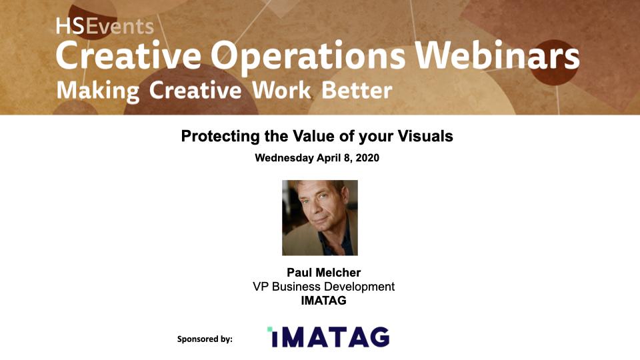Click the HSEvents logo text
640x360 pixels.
pyautogui.click(x=105, y=27)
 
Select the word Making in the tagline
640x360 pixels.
pyautogui.click(x=98, y=91)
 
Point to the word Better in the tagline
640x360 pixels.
pyautogui.click(x=357, y=90)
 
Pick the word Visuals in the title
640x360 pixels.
pyautogui.click(x=425, y=136)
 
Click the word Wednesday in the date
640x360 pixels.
pyautogui.click(x=284, y=158)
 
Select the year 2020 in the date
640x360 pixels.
pyautogui.click(x=367, y=158)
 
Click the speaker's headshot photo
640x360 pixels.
pyautogui.click(x=320, y=218)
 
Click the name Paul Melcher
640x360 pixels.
pyautogui.click(x=324, y=272)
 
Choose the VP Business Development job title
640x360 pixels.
pyautogui.click(x=324, y=287)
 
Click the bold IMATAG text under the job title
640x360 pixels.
pyautogui.click(x=324, y=301)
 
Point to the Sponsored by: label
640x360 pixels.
pyautogui.click(x=205, y=339)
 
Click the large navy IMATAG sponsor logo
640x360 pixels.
pyautogui.click(x=329, y=337)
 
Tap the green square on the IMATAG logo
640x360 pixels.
pyautogui.click(x=270, y=329)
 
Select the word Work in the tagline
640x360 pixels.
pyautogui.click(x=281, y=90)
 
